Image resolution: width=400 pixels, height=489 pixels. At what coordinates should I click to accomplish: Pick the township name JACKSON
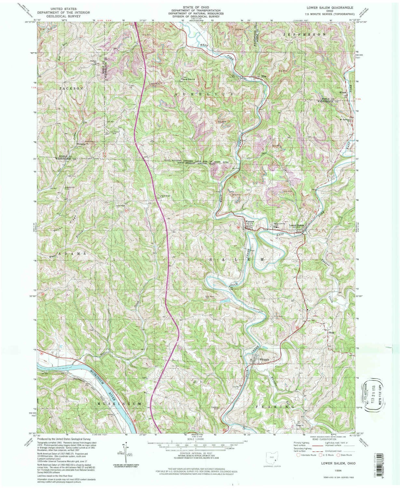71,88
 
